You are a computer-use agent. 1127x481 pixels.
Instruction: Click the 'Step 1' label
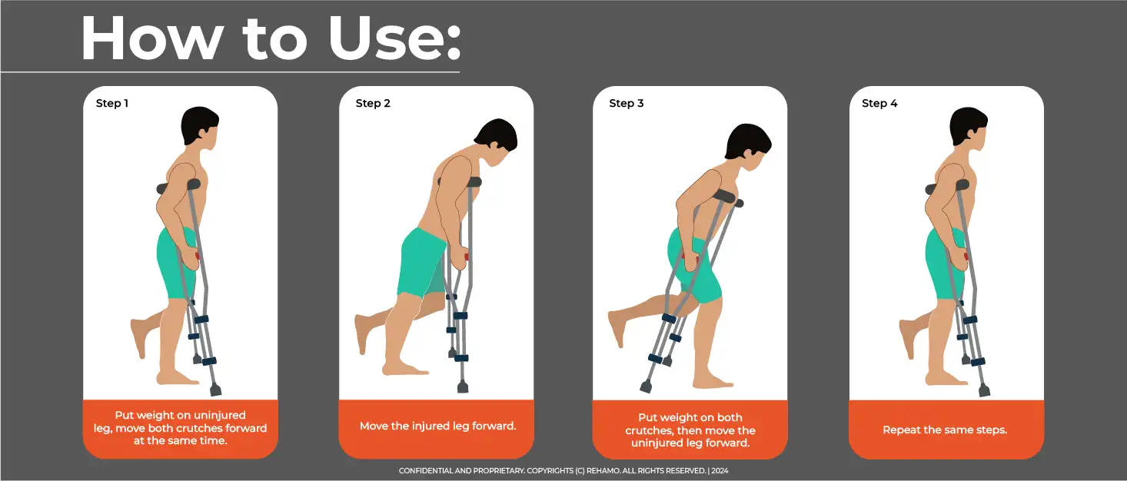click(112, 103)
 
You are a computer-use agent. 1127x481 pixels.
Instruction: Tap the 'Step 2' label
click(373, 103)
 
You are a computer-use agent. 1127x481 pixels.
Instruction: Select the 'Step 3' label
click(627, 103)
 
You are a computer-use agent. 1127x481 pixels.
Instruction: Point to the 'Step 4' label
click(879, 103)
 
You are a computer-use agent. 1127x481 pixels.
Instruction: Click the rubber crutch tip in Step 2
click(463, 386)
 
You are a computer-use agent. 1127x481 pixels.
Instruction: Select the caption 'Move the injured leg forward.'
click(436, 426)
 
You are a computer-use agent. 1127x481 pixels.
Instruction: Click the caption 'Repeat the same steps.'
click(945, 430)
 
